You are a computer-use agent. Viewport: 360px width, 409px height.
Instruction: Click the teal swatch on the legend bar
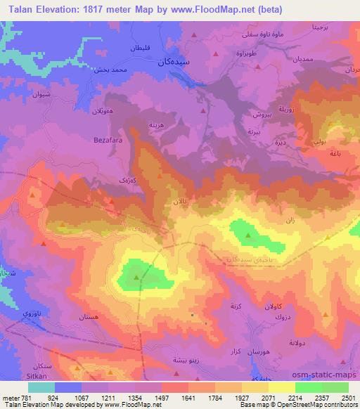coord(41,387)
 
